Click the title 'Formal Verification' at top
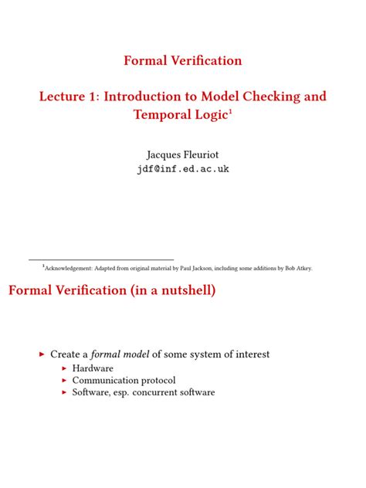click(x=183, y=60)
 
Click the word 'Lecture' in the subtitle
click(x=67, y=97)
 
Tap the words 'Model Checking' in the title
click(x=249, y=97)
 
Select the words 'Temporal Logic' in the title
click(x=180, y=115)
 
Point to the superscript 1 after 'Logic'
click(x=230, y=111)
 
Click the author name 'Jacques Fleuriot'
click(x=183, y=154)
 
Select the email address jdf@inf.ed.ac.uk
click(x=183, y=169)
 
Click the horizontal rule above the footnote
click(x=101, y=259)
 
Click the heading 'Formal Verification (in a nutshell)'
click(x=112, y=291)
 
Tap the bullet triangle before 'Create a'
click(x=42, y=354)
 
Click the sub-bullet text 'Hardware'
click(x=93, y=368)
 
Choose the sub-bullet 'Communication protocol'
click(x=124, y=380)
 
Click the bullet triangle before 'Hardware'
click(x=65, y=368)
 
